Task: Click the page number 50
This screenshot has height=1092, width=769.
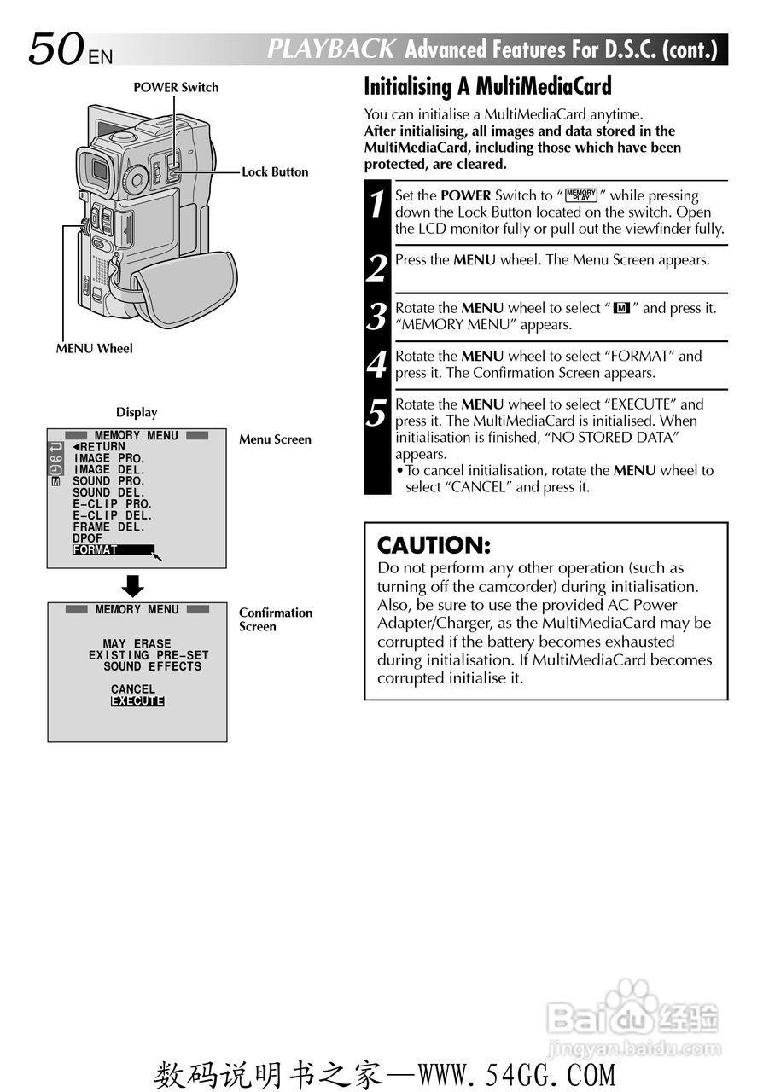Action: [x=56, y=49]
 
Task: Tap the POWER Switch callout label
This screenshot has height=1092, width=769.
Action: [x=176, y=87]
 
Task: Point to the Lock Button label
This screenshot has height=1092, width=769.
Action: [x=275, y=171]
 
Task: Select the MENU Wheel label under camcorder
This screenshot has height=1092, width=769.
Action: [x=94, y=348]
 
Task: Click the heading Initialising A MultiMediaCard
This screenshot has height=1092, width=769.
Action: [x=487, y=86]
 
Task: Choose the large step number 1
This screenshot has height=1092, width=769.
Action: [x=377, y=206]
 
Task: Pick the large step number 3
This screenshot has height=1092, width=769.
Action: [x=377, y=317]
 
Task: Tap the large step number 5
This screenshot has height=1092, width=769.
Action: [x=377, y=413]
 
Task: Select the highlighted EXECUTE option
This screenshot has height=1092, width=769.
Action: [x=137, y=701]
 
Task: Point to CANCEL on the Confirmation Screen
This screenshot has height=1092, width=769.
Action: [x=133, y=689]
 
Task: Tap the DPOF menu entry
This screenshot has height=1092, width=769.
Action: [x=87, y=538]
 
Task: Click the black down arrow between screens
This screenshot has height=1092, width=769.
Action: [x=133, y=586]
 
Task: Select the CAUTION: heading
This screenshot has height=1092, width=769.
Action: [x=434, y=545]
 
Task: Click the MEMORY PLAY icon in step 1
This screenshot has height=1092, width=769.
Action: [x=581, y=195]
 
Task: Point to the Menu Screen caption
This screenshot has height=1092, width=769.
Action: [x=275, y=439]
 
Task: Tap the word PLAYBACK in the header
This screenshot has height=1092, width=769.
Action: [x=331, y=49]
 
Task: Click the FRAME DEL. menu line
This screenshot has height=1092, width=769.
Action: [x=108, y=527]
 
